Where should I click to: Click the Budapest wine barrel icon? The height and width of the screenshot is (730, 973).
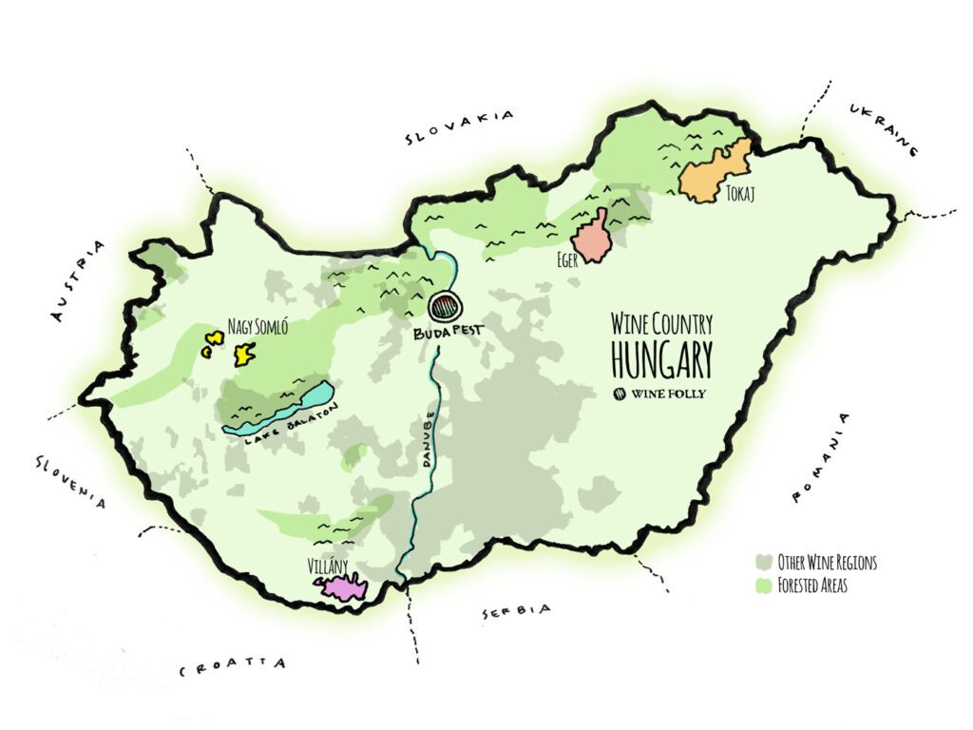446,307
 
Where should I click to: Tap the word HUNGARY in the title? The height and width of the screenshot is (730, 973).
661,358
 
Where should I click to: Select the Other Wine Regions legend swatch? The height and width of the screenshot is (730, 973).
763,563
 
